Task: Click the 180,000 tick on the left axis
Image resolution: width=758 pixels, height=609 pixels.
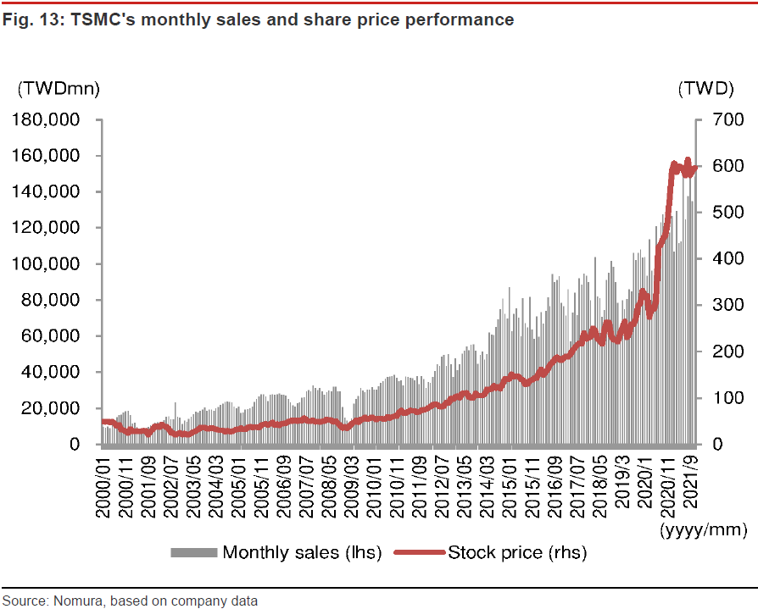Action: point(53,120)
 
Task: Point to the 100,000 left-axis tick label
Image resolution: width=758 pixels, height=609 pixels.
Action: point(53,264)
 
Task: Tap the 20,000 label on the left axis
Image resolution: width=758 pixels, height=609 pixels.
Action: point(58,408)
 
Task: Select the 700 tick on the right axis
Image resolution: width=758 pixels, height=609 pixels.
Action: point(727,120)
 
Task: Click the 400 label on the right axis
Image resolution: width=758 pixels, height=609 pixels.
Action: point(727,258)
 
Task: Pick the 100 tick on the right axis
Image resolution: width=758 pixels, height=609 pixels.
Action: point(727,397)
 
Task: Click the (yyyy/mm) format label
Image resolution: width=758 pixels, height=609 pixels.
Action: point(703,531)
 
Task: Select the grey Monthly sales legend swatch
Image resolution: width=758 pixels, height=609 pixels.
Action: point(195,553)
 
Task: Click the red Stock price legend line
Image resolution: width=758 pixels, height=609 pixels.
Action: point(420,553)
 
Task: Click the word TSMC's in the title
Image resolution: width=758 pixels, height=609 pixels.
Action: point(88,19)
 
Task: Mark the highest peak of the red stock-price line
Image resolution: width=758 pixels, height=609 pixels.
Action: point(688,159)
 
